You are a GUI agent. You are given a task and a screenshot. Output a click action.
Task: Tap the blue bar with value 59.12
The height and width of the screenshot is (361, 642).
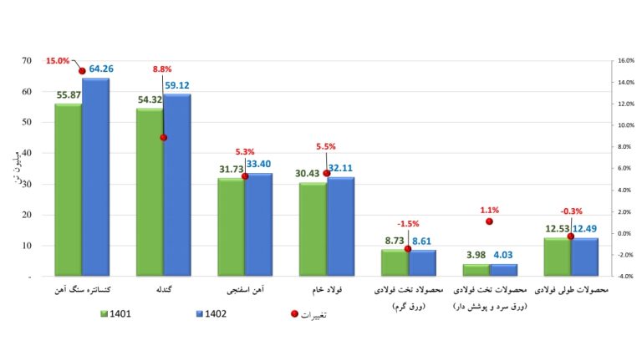177,184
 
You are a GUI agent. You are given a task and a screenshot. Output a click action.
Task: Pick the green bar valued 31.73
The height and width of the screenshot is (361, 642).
231,226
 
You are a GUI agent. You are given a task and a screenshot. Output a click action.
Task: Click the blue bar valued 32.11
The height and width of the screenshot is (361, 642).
340,226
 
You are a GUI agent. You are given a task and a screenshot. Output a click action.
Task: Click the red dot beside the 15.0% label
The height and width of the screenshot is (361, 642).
82,71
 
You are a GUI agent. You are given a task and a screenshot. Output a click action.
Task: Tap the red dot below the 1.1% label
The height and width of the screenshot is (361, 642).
490,221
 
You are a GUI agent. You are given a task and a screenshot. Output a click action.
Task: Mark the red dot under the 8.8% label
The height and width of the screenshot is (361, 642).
164,137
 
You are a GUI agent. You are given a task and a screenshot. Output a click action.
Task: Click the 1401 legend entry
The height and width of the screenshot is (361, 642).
119,314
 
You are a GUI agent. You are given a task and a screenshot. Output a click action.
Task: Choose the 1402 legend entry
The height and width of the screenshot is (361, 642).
209,314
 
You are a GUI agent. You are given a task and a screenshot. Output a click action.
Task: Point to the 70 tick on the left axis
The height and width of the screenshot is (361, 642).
28,61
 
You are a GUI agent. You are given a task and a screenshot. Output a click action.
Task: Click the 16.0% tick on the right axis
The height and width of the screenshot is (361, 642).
624,61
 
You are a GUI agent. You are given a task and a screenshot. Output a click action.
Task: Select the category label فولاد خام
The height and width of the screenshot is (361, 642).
327,289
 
